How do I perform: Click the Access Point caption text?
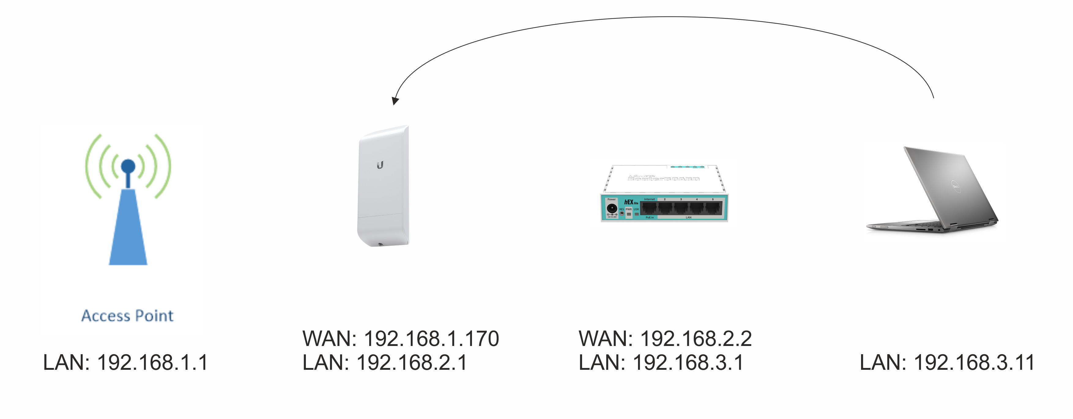coord(127,316)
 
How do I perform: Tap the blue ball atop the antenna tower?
coord(128,166)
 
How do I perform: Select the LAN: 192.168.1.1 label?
coord(125,362)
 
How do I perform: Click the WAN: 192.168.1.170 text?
coord(400,339)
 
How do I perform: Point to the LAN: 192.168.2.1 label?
coord(384,362)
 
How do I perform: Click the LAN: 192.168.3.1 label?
coord(661,362)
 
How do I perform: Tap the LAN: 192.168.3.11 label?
coord(947,362)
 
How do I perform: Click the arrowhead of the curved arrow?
coord(395,100)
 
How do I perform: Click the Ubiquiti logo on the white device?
coord(380,165)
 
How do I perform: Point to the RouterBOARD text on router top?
coord(663,179)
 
